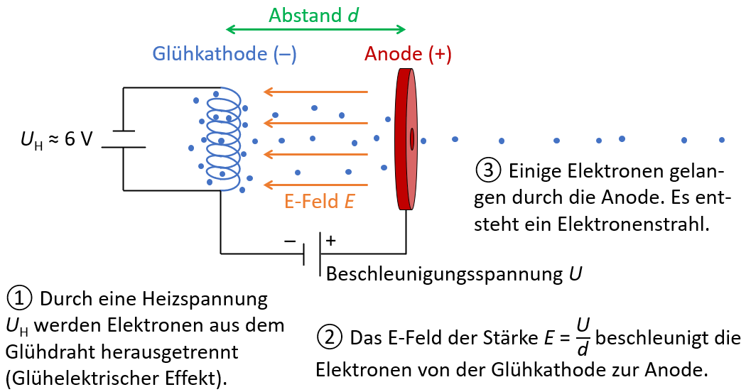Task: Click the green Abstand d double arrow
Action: click(315, 30)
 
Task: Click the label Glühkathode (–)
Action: click(225, 54)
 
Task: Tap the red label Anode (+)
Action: click(408, 54)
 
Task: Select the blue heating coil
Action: click(225, 139)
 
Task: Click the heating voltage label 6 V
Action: click(78, 139)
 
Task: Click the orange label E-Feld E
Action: click(319, 202)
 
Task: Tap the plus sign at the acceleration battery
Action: click(330, 241)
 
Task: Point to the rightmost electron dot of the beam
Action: click(722, 139)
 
